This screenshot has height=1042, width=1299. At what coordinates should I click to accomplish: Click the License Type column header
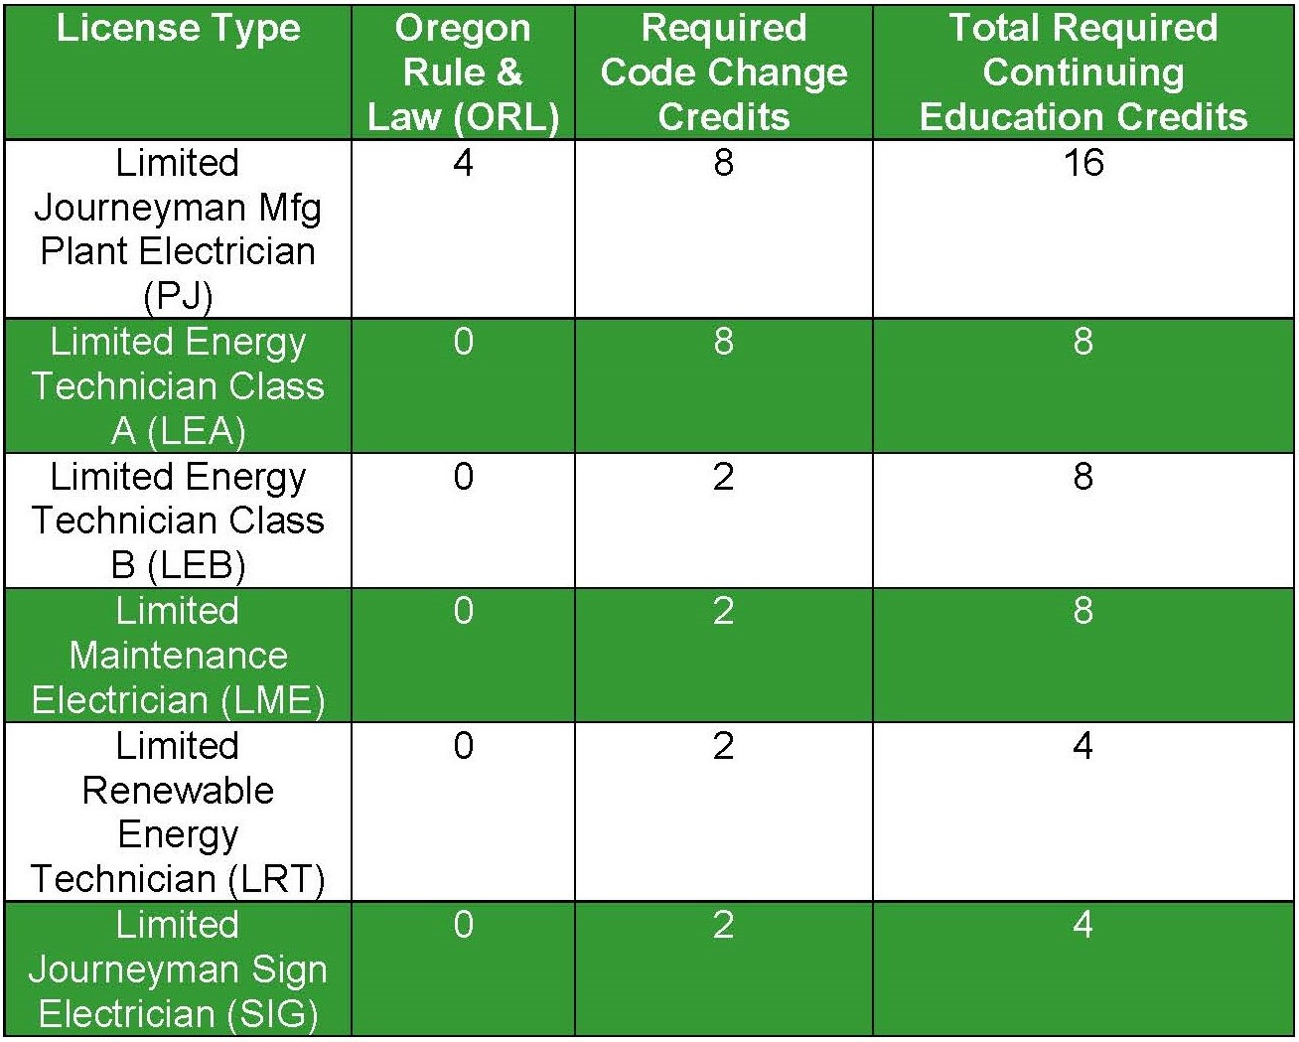(x=178, y=28)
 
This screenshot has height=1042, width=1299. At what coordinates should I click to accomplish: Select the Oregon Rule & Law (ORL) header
(x=463, y=73)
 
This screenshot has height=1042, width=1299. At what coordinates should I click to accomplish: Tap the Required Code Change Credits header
(x=724, y=73)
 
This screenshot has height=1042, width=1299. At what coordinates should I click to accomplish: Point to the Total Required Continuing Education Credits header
(x=1083, y=73)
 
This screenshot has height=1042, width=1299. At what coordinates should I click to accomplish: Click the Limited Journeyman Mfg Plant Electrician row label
(x=178, y=229)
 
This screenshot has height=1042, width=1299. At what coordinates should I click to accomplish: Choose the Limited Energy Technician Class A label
(x=178, y=386)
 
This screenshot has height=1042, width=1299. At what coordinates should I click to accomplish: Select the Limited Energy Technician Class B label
(x=178, y=521)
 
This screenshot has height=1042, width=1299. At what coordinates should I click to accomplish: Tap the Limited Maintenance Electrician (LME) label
(x=178, y=656)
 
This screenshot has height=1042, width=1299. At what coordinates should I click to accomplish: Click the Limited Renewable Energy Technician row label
(x=178, y=813)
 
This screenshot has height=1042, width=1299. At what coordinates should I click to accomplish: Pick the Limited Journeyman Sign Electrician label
(x=178, y=969)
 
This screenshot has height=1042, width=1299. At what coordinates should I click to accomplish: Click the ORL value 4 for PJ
(x=463, y=163)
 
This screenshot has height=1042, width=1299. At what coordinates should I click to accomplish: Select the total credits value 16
(x=1083, y=163)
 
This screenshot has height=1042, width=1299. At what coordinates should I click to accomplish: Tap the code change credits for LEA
(x=724, y=342)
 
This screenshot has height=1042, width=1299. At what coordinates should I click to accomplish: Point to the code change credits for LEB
(x=724, y=477)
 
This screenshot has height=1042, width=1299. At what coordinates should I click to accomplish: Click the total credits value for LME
(x=1083, y=611)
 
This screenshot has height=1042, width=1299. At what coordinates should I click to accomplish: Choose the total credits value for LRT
(x=1083, y=746)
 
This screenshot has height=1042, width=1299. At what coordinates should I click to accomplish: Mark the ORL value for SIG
(x=463, y=926)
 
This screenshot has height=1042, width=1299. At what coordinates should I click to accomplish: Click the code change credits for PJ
(x=724, y=163)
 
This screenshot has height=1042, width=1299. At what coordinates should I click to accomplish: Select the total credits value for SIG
(x=1083, y=926)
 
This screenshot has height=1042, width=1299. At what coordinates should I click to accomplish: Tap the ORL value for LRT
(x=463, y=746)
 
